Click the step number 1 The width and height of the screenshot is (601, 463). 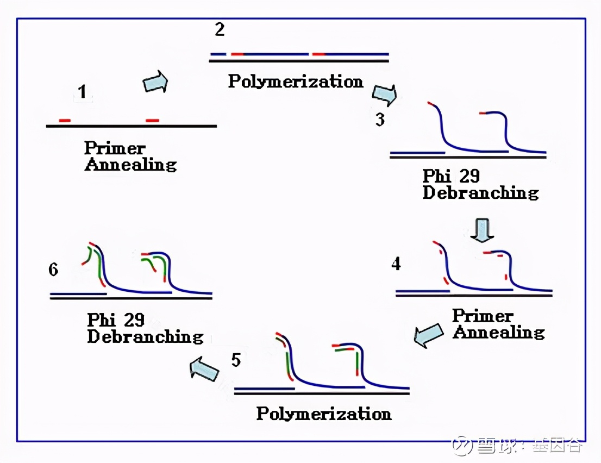point(82,92)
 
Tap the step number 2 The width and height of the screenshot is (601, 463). point(220,29)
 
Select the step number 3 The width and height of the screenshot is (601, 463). point(380,119)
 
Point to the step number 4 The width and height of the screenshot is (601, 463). point(396,264)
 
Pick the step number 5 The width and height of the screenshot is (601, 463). point(235,360)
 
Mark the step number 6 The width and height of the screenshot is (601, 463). point(53,270)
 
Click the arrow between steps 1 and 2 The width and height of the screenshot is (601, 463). point(155,82)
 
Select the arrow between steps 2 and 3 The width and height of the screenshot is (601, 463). point(384,95)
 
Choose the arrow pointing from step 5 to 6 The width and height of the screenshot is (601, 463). point(204,369)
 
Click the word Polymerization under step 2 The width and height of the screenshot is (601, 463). point(296,82)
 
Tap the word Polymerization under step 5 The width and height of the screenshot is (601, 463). point(324,414)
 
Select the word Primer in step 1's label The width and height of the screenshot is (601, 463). point(115,148)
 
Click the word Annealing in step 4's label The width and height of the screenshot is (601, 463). point(499,332)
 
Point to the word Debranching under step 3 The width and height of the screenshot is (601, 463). point(480,193)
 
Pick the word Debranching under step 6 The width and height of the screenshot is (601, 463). point(145,336)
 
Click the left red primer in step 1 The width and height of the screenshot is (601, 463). point(65,120)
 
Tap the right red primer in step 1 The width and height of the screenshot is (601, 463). point(153,120)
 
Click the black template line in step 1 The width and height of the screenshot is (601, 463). point(131,126)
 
